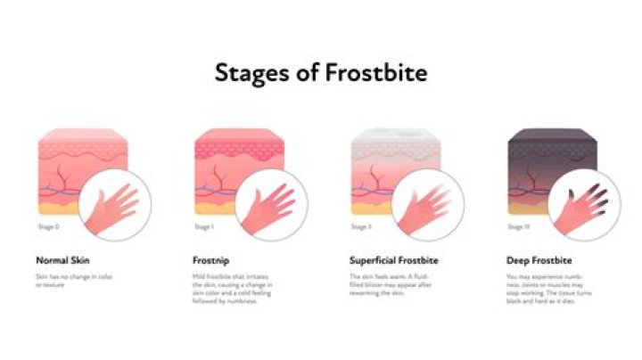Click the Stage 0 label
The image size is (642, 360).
pyautogui.click(x=49, y=228)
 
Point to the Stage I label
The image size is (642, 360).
pyautogui.click(x=203, y=228)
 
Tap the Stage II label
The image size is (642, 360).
pyautogui.click(x=360, y=228)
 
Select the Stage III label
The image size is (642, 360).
pyautogui.click(x=516, y=228)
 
